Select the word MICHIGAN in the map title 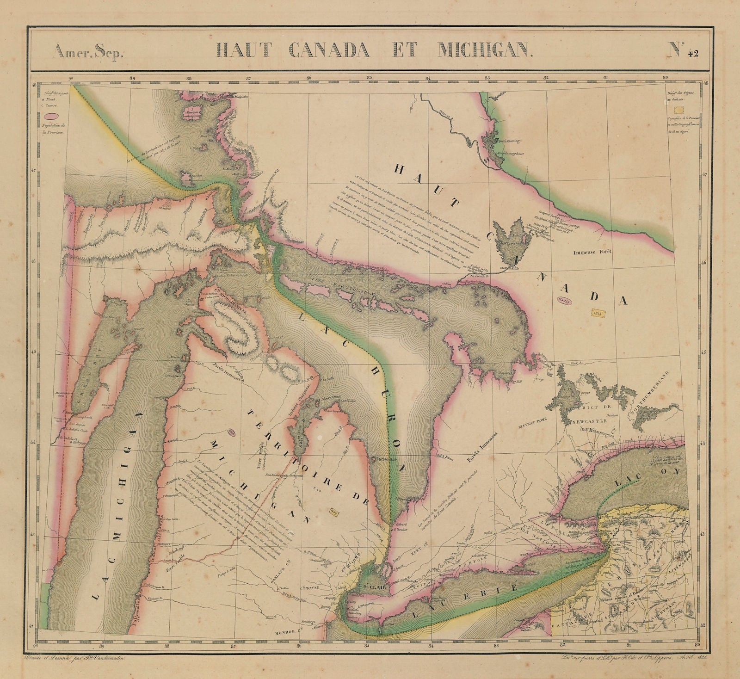tap(485, 49)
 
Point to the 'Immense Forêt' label tap(592, 253)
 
